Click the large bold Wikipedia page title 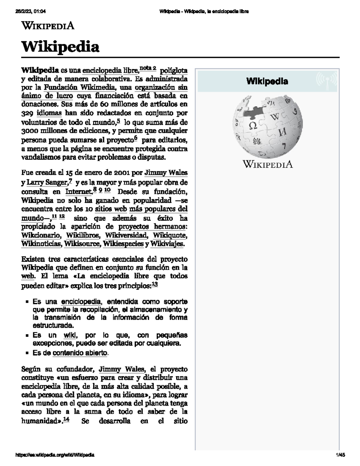[x=60, y=47]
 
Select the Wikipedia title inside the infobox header [x=267, y=81]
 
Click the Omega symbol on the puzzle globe [x=253, y=125]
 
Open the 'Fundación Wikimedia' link [x=79, y=87]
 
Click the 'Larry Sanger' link [x=46, y=182]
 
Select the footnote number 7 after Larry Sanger [x=70, y=181]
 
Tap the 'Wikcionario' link [x=41, y=235]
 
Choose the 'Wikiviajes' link [x=166, y=244]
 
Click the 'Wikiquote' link [x=170, y=235]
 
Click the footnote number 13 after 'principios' [x=155, y=284]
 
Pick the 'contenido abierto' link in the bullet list [x=79, y=353]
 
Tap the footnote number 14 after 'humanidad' [x=66, y=420]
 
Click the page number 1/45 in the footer [x=340, y=455]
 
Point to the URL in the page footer [x=55, y=455]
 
